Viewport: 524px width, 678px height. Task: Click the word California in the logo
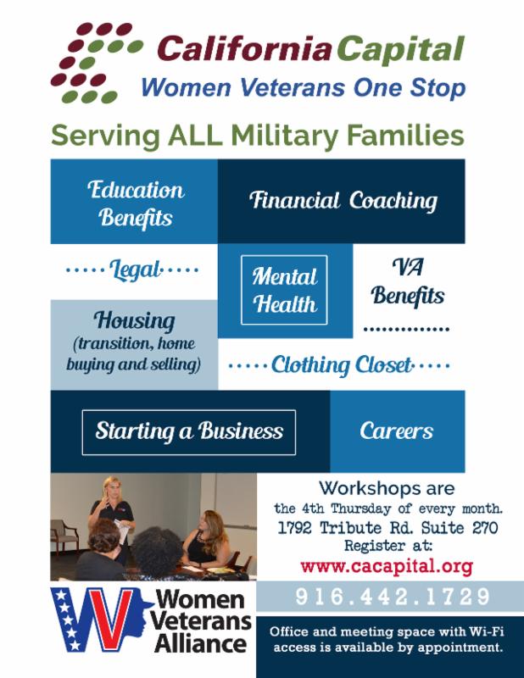pyautogui.click(x=244, y=48)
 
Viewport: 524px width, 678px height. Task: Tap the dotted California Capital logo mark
pyautogui.click(x=97, y=63)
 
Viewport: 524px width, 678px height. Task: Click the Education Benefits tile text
pyautogui.click(x=136, y=203)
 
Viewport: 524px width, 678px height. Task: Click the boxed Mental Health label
pyautogui.click(x=284, y=290)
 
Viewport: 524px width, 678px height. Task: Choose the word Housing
pyautogui.click(x=135, y=320)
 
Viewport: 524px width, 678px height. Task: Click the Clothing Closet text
pyautogui.click(x=342, y=365)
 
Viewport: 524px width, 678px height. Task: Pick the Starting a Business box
pyautogui.click(x=189, y=432)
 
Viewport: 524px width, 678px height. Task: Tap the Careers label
pyautogui.click(x=396, y=431)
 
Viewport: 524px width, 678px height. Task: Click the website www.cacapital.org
pyautogui.click(x=387, y=566)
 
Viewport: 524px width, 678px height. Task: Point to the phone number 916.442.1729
pyautogui.click(x=393, y=597)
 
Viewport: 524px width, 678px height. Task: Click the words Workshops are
pyautogui.click(x=387, y=488)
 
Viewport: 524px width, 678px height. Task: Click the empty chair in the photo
pyautogui.click(x=64, y=536)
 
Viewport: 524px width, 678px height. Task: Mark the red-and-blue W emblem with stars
pyautogui.click(x=100, y=620)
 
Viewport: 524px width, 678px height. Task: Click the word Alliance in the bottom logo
pyautogui.click(x=200, y=643)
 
